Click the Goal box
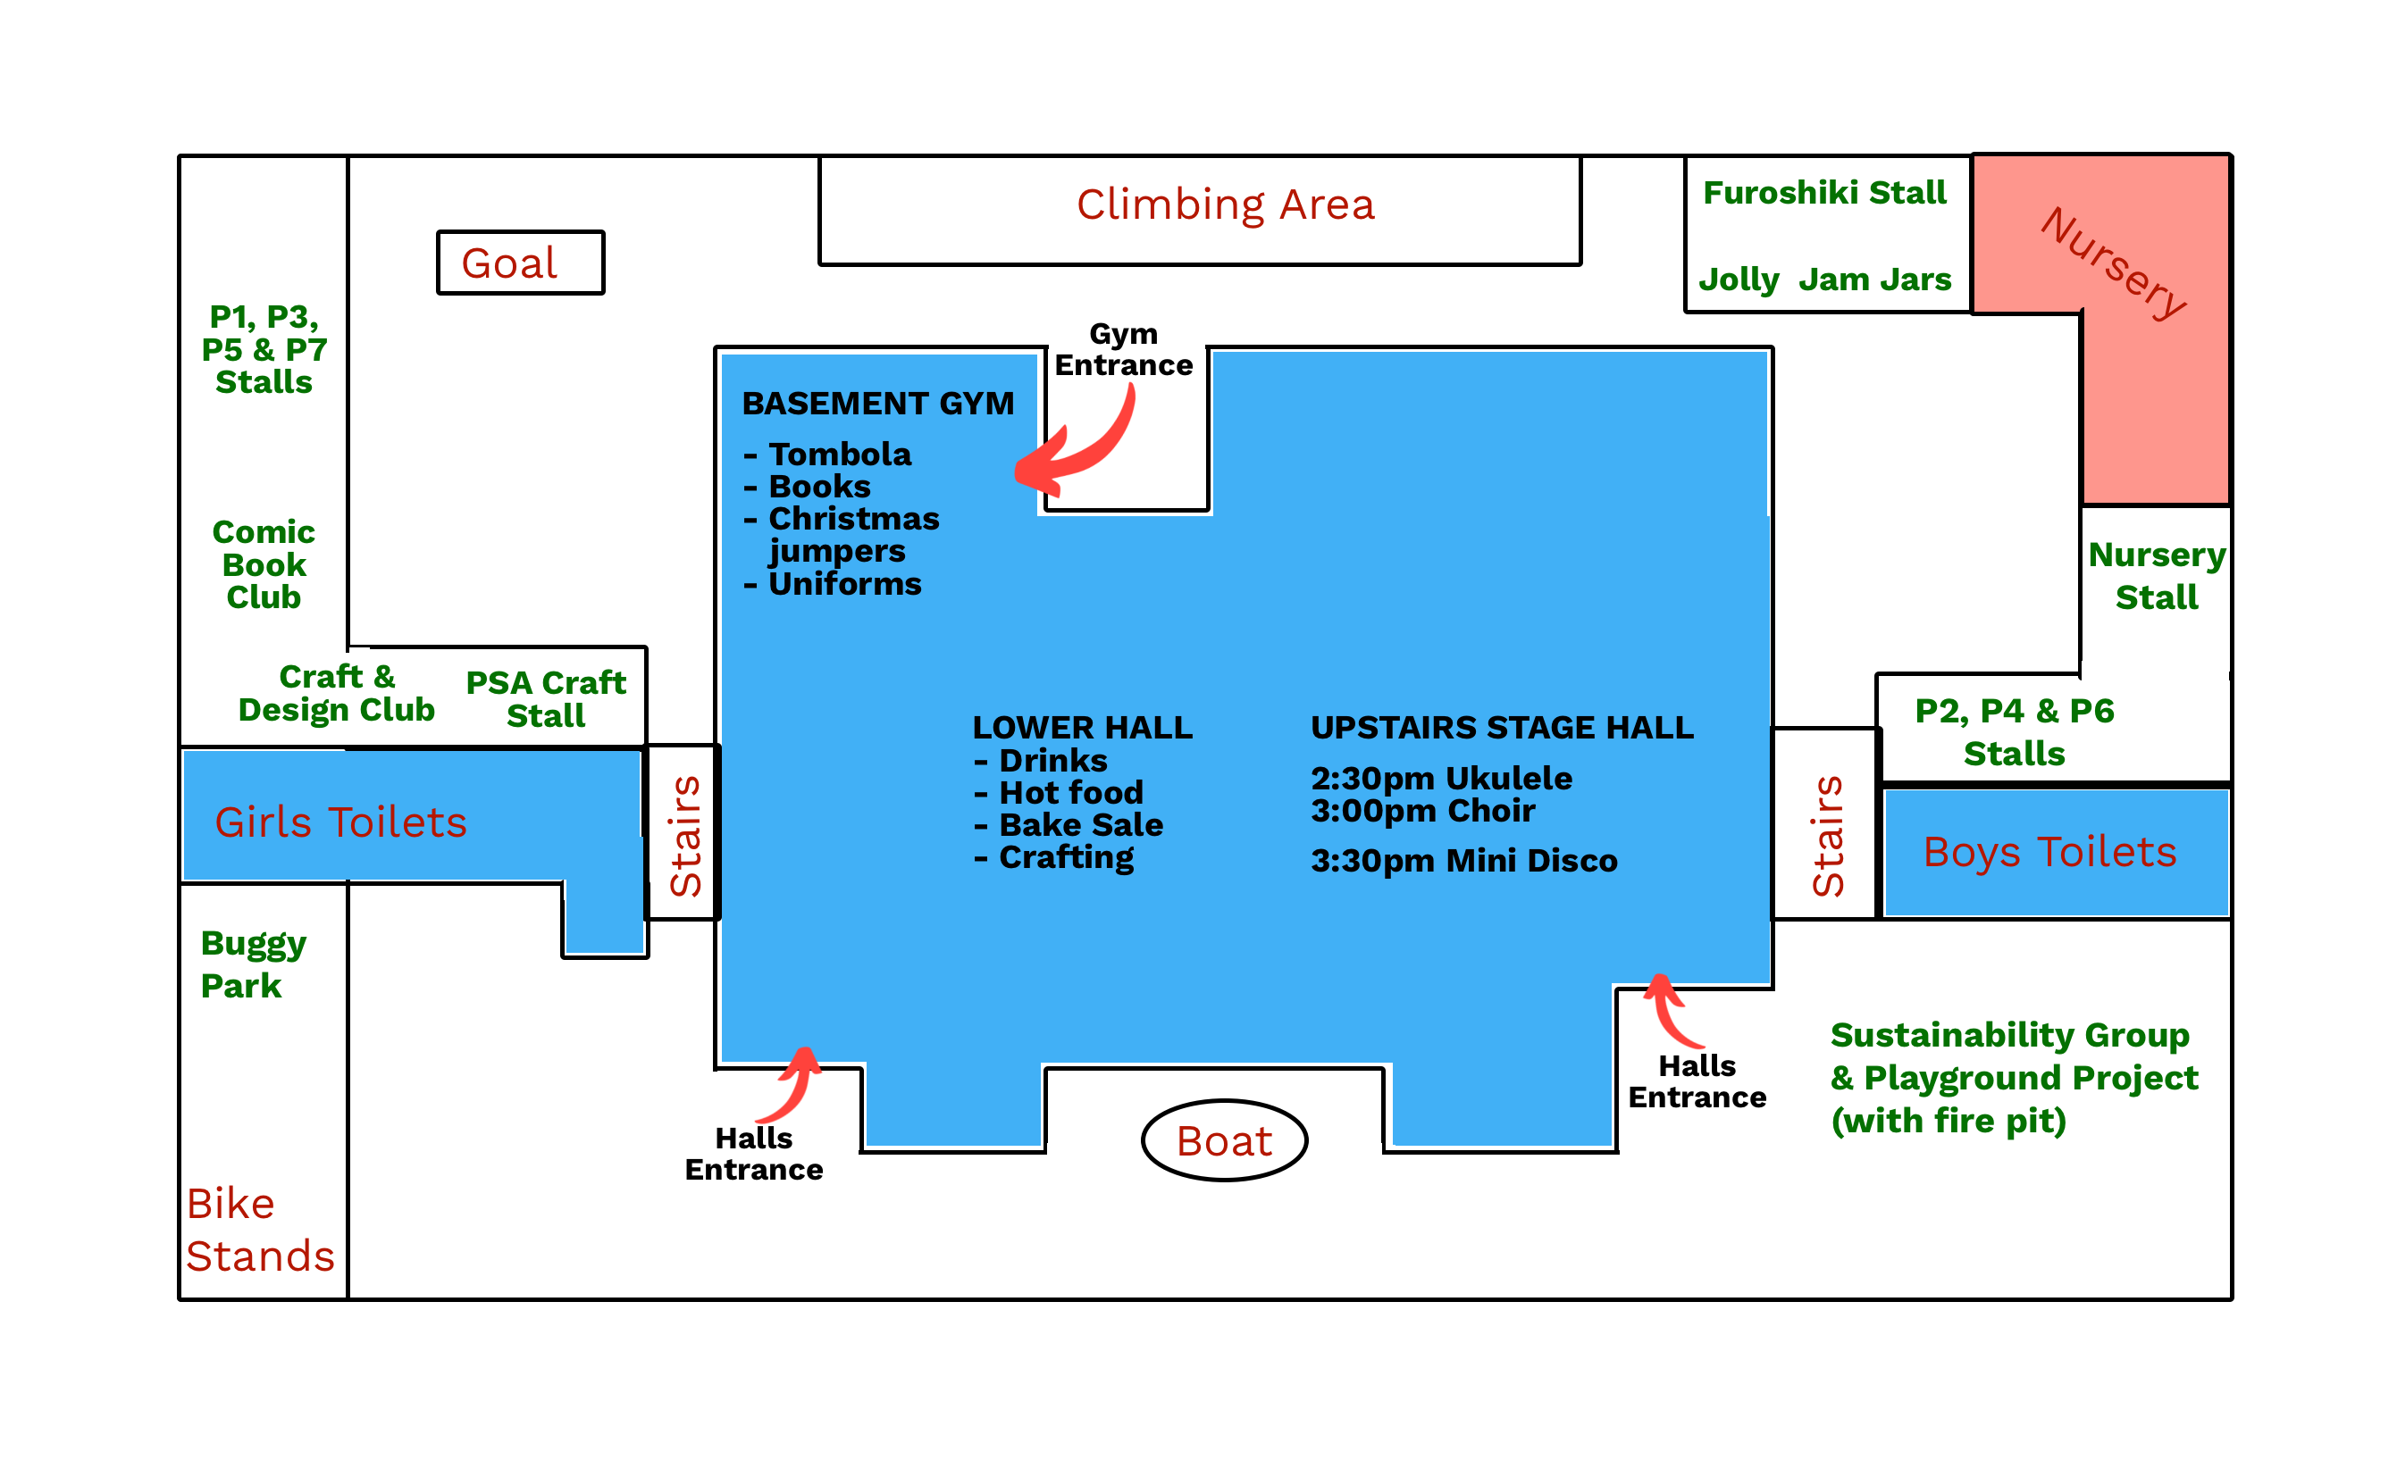pyautogui.click(x=520, y=263)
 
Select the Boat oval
pyautogui.click(x=1223, y=1140)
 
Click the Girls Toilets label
pyautogui.click(x=340, y=822)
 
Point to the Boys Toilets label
pyautogui.click(x=2049, y=852)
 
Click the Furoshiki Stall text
pyautogui.click(x=1823, y=193)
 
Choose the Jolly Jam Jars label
pyautogui.click(x=1823, y=280)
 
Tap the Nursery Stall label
pyautogui.click(x=2156, y=575)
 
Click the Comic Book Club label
pyautogui.click(x=264, y=564)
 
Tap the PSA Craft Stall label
pyautogui.click(x=545, y=698)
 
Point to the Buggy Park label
pyautogui.click(x=252, y=964)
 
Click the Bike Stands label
pyautogui.click(x=259, y=1229)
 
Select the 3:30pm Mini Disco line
pyautogui.click(x=1463, y=861)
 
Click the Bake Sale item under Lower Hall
pyautogui.click(x=1080, y=824)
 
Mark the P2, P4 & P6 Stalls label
pyautogui.click(x=2013, y=731)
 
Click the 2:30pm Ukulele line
pyautogui.click(x=1440, y=779)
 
